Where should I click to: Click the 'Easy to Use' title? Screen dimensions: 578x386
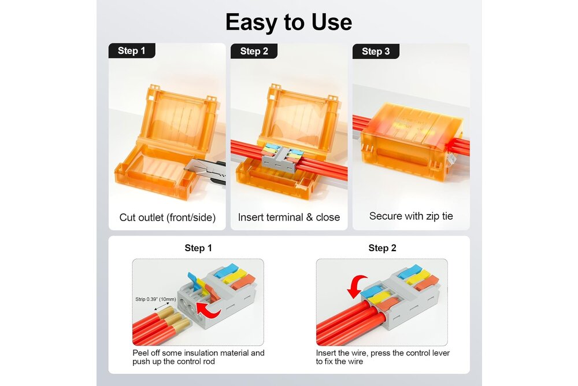288,22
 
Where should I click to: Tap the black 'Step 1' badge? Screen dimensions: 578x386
132,50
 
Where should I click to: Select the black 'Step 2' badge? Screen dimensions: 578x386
254,51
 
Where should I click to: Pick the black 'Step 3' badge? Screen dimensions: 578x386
376,52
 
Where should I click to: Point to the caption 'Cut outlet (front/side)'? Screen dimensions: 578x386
168,218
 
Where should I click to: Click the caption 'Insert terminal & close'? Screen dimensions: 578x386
289,217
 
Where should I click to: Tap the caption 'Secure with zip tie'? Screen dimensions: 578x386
411,216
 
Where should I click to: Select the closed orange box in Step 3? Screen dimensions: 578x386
412,142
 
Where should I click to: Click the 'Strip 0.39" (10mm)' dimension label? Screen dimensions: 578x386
155,299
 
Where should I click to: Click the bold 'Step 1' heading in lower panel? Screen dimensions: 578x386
198,248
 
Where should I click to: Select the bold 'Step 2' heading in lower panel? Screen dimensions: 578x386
382,248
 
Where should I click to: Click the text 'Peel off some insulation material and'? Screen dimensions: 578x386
198,353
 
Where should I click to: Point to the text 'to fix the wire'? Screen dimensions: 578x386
339,362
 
